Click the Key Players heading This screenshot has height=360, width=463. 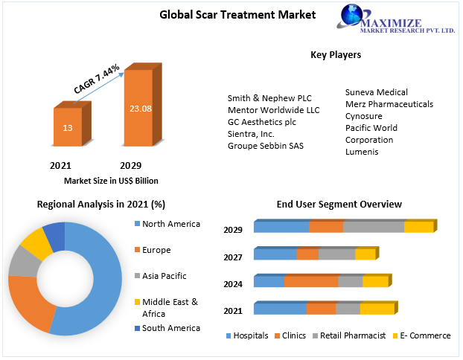click(336, 55)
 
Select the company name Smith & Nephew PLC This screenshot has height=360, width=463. click(269, 98)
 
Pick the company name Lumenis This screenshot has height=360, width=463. click(362, 152)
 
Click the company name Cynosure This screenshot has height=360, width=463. click(363, 116)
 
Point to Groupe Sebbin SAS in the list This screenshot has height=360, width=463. click(266, 146)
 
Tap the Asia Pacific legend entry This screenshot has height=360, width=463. click(164, 276)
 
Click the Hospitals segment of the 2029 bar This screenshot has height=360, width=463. click(281, 228)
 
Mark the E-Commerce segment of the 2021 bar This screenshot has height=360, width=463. click(376, 309)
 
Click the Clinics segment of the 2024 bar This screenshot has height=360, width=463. click(311, 282)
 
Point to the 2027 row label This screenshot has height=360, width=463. click(233, 257)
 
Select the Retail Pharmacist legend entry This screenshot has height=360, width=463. click(353, 335)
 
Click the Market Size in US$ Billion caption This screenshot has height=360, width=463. click(111, 181)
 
